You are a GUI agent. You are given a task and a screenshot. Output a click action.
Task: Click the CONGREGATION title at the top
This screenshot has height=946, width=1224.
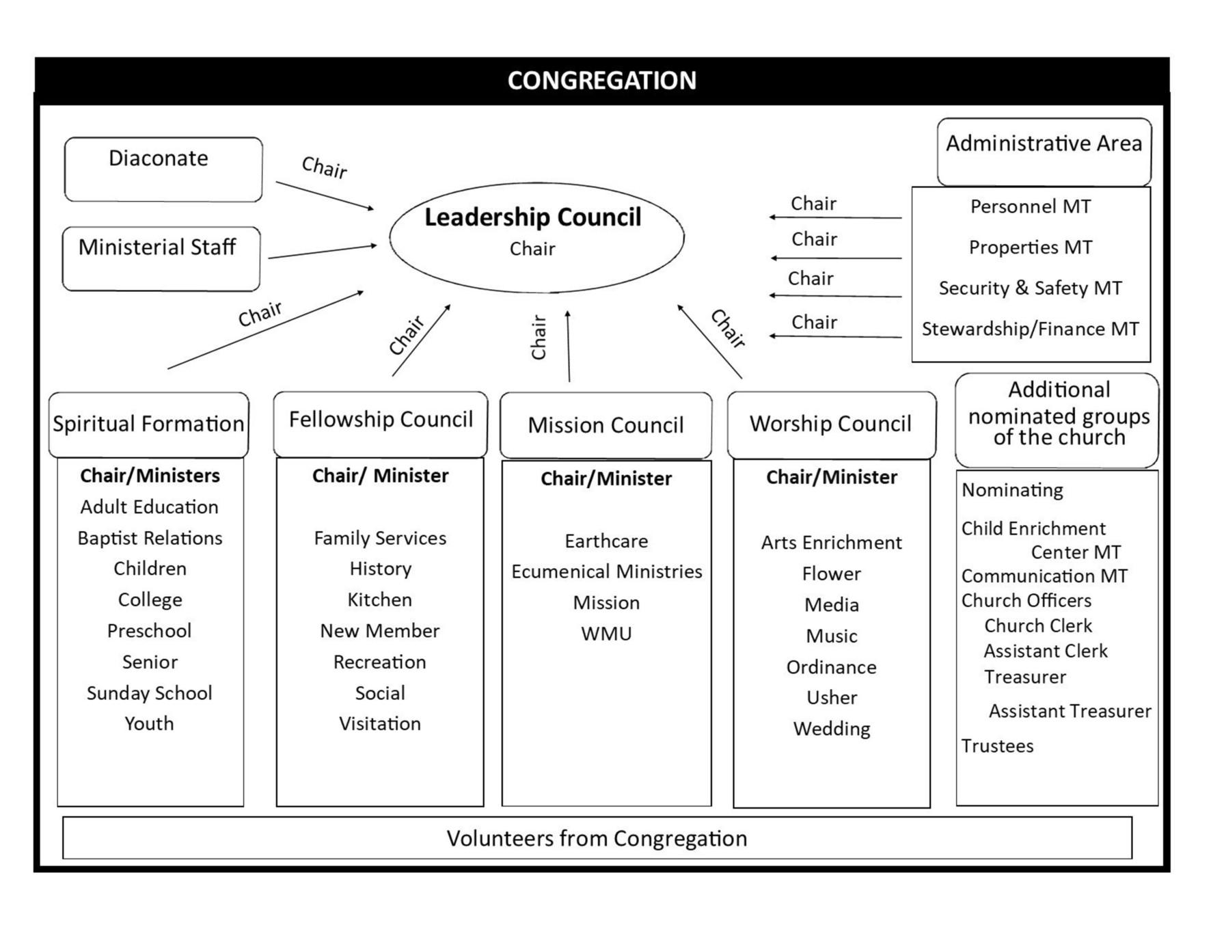click(x=601, y=81)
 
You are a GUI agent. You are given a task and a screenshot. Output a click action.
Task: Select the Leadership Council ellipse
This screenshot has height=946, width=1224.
click(x=536, y=236)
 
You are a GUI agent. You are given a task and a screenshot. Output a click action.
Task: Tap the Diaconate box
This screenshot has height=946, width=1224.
click(x=163, y=170)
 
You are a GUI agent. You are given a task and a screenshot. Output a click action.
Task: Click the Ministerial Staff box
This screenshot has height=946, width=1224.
click(x=161, y=258)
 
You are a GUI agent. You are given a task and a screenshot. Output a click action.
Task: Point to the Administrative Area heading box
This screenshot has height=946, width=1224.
click(x=1043, y=151)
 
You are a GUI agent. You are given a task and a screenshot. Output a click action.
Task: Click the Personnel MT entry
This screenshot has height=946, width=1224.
click(x=1030, y=206)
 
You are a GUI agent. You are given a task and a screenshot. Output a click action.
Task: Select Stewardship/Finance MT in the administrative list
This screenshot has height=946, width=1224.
click(x=1030, y=329)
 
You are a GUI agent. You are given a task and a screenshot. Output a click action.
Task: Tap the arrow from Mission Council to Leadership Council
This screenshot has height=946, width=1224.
click(x=568, y=346)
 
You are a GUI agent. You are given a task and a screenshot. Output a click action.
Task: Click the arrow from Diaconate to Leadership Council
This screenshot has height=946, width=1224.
click(x=325, y=195)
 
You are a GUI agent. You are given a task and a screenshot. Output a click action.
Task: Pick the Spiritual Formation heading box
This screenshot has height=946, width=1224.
click(x=148, y=424)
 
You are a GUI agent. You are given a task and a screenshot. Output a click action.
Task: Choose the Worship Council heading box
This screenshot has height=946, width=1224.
click(x=830, y=424)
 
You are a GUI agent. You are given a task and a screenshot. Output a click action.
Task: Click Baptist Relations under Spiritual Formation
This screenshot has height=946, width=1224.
click(x=150, y=538)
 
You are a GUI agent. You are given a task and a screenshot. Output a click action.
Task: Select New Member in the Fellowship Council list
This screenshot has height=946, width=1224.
click(x=379, y=630)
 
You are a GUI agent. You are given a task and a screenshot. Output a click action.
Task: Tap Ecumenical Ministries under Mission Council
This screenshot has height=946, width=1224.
click(x=606, y=571)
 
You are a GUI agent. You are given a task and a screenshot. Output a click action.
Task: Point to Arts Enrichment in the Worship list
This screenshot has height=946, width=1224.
click(x=831, y=543)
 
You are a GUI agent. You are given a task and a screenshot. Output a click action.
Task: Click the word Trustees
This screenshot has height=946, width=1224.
click(x=997, y=746)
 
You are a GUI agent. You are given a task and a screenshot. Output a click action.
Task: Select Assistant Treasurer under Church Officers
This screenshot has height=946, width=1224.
click(x=1070, y=711)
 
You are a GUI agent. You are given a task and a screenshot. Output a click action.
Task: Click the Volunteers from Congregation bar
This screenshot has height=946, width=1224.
click(x=597, y=838)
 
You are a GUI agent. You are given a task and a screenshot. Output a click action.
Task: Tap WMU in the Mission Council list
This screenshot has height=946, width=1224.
click(x=606, y=634)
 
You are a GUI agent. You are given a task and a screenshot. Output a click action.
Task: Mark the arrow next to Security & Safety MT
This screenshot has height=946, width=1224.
click(x=835, y=296)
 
